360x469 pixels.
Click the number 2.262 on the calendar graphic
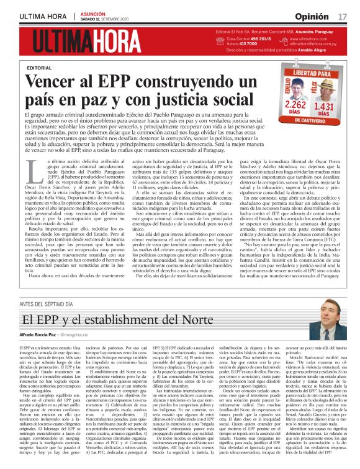click(295, 106)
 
